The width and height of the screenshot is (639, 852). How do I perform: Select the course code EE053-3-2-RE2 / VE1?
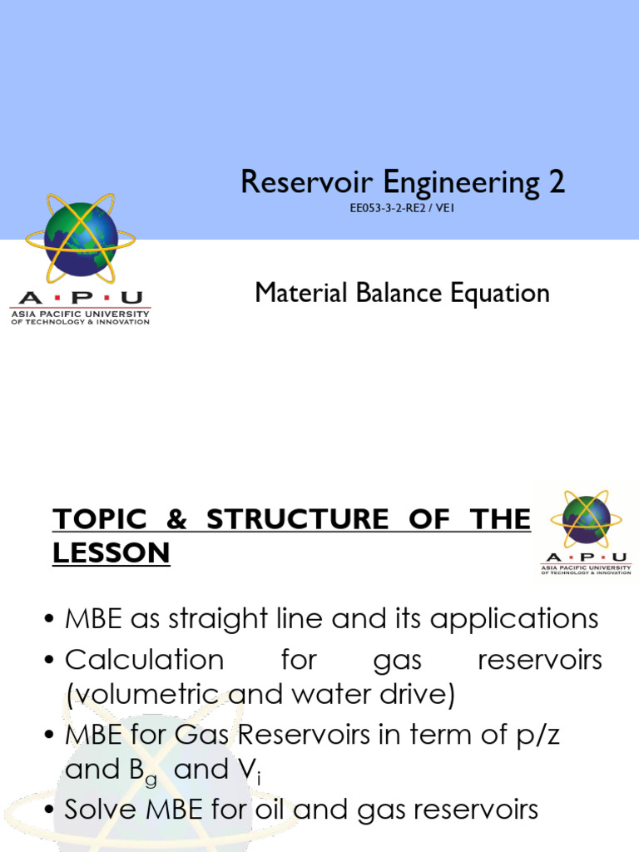click(402, 208)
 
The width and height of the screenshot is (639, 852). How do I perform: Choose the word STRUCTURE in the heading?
click(296, 519)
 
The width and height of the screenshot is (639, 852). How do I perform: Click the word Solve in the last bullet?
click(103, 810)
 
